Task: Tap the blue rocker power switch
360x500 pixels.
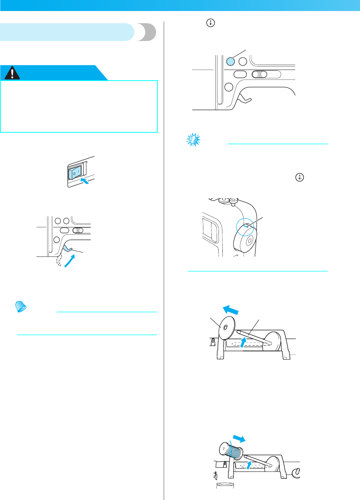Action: pyautogui.click(x=73, y=173)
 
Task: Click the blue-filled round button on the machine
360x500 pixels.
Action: pyautogui.click(x=230, y=61)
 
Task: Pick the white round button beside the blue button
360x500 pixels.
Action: pyautogui.click(x=243, y=61)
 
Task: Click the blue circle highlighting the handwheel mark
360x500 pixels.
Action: pyautogui.click(x=245, y=228)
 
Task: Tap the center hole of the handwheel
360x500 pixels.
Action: pyautogui.click(x=249, y=241)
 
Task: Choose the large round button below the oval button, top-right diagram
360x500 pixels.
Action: pyautogui.click(x=229, y=86)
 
